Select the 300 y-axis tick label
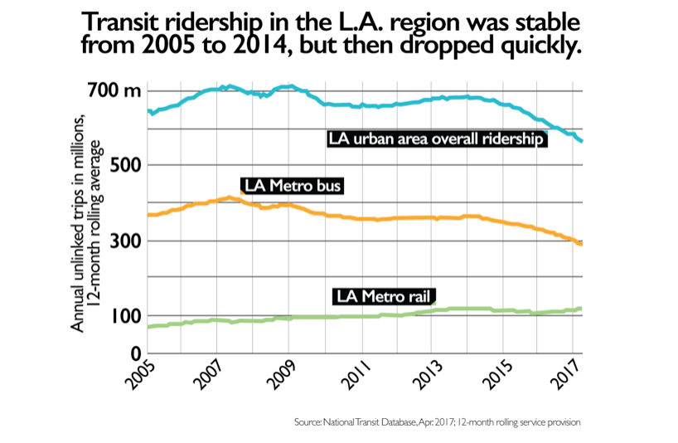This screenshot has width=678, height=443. click(x=121, y=241)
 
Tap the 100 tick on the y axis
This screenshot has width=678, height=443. click(x=121, y=316)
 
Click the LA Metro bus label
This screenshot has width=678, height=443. click(x=291, y=185)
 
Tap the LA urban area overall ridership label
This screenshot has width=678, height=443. click(x=435, y=139)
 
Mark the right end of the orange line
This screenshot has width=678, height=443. click(x=581, y=244)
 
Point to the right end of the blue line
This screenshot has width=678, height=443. click(x=581, y=141)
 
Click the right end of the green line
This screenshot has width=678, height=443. click(x=581, y=309)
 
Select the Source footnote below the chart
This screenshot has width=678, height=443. click(x=437, y=423)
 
